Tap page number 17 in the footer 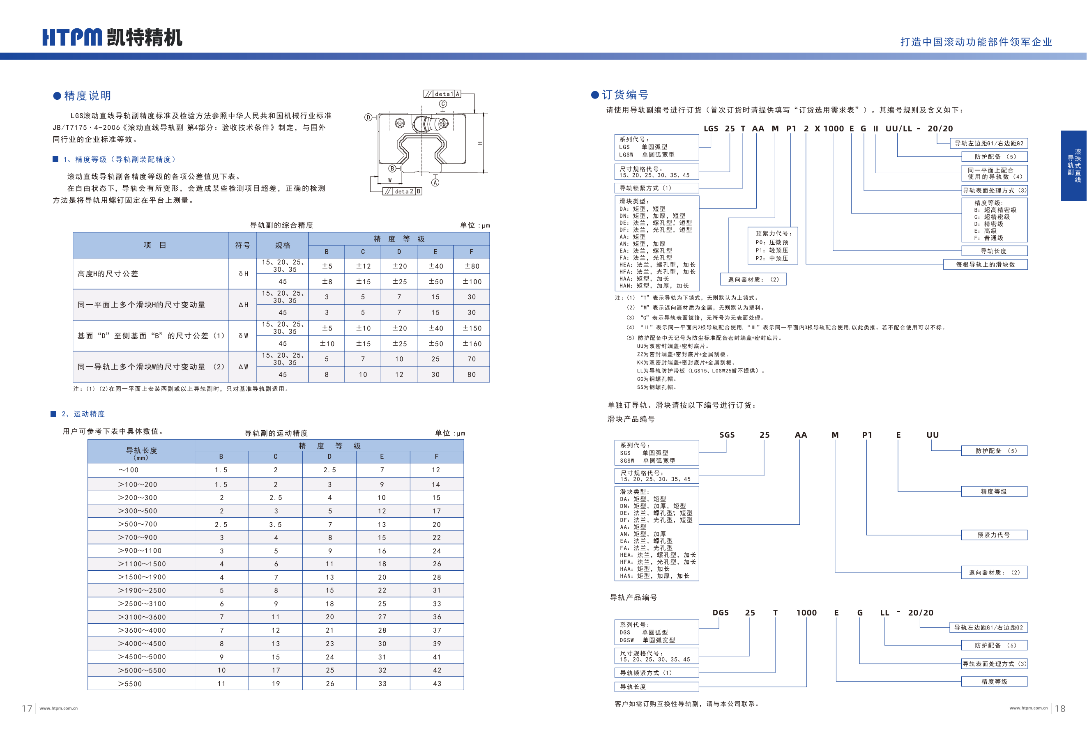[27, 709]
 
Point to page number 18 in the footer [1060, 709]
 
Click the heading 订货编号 [625, 95]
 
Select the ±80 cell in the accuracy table [472, 266]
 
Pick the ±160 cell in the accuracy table [472, 344]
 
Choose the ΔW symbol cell [243, 367]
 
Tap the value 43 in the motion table [437, 684]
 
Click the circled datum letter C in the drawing [443, 104]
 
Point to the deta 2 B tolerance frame [403, 191]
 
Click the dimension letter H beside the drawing [480, 143]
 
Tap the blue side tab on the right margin [1073, 166]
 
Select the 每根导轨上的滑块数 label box [985, 264]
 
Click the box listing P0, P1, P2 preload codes [772, 246]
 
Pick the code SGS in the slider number [727, 435]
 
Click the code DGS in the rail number [720, 613]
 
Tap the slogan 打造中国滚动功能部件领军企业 [976, 42]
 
